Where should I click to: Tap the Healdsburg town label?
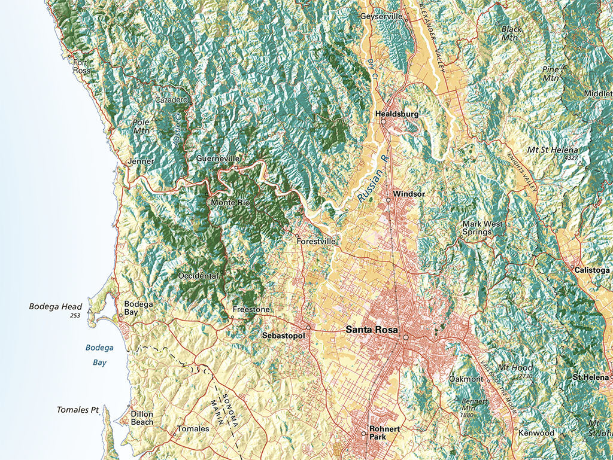[397, 114]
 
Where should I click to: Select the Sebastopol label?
[284, 336]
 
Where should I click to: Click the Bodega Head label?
[56, 307]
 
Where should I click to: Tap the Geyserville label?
[381, 16]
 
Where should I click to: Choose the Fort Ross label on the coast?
[82, 66]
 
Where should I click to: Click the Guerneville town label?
[218, 159]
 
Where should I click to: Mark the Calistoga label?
[591, 270]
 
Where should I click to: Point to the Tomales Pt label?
[77, 410]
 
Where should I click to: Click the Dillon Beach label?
[142, 418]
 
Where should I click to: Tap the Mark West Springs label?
[482, 228]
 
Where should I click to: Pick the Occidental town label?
[198, 276]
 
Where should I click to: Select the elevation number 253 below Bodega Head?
[74, 315]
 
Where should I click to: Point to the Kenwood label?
[536, 432]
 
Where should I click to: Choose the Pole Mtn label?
[142, 126]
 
